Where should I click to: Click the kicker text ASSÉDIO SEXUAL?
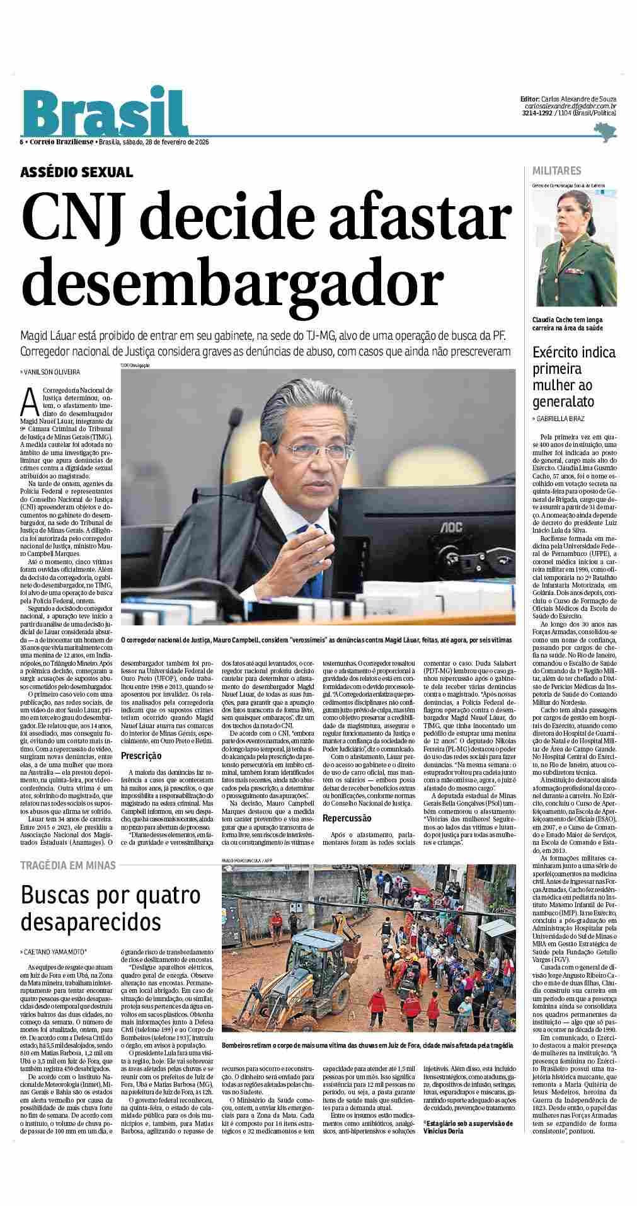(77, 171)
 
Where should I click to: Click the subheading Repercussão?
(348, 818)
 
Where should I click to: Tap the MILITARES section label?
(557, 171)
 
